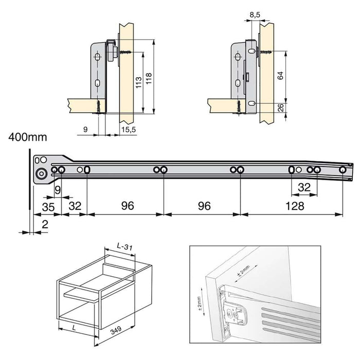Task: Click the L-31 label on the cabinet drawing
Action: [124, 248]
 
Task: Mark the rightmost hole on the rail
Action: [343, 170]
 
